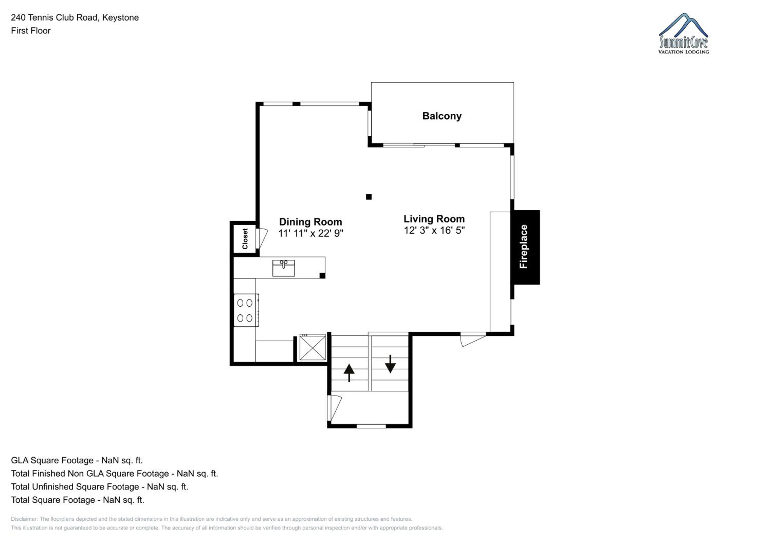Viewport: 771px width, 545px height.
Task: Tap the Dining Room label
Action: pyautogui.click(x=311, y=222)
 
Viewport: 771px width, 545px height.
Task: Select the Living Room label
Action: pyautogui.click(x=434, y=219)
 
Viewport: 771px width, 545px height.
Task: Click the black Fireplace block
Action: pyautogui.click(x=525, y=247)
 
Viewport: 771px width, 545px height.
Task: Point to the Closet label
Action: pyautogui.click(x=245, y=239)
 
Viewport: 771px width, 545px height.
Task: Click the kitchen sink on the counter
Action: pyautogui.click(x=283, y=268)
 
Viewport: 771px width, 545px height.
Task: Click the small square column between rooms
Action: pyautogui.click(x=369, y=197)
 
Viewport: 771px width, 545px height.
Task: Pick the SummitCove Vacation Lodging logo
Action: pyautogui.click(x=683, y=34)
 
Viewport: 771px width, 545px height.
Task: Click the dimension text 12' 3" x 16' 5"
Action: pyautogui.click(x=434, y=230)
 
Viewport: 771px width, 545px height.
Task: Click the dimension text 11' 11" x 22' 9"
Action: pyautogui.click(x=311, y=233)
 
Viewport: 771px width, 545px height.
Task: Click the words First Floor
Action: pyautogui.click(x=31, y=31)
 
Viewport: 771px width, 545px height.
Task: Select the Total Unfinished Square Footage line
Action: pyautogui.click(x=99, y=487)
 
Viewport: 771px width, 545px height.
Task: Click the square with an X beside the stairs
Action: pyautogui.click(x=313, y=348)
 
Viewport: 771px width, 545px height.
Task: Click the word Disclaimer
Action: pyautogui.click(x=24, y=519)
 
